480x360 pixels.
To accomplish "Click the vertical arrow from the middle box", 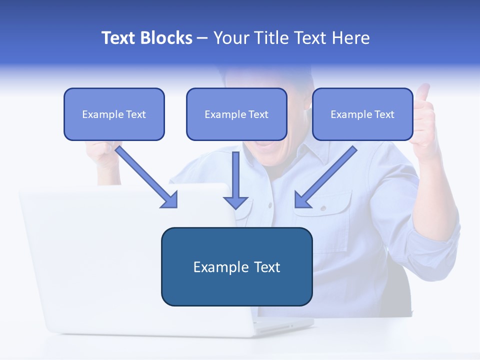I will click(235, 175).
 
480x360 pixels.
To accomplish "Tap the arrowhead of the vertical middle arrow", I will click(235, 202).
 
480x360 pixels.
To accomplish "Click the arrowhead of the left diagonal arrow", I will click(170, 200).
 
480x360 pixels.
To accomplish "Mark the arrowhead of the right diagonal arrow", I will click(302, 200).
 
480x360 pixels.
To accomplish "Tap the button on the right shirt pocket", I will click(323, 207).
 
